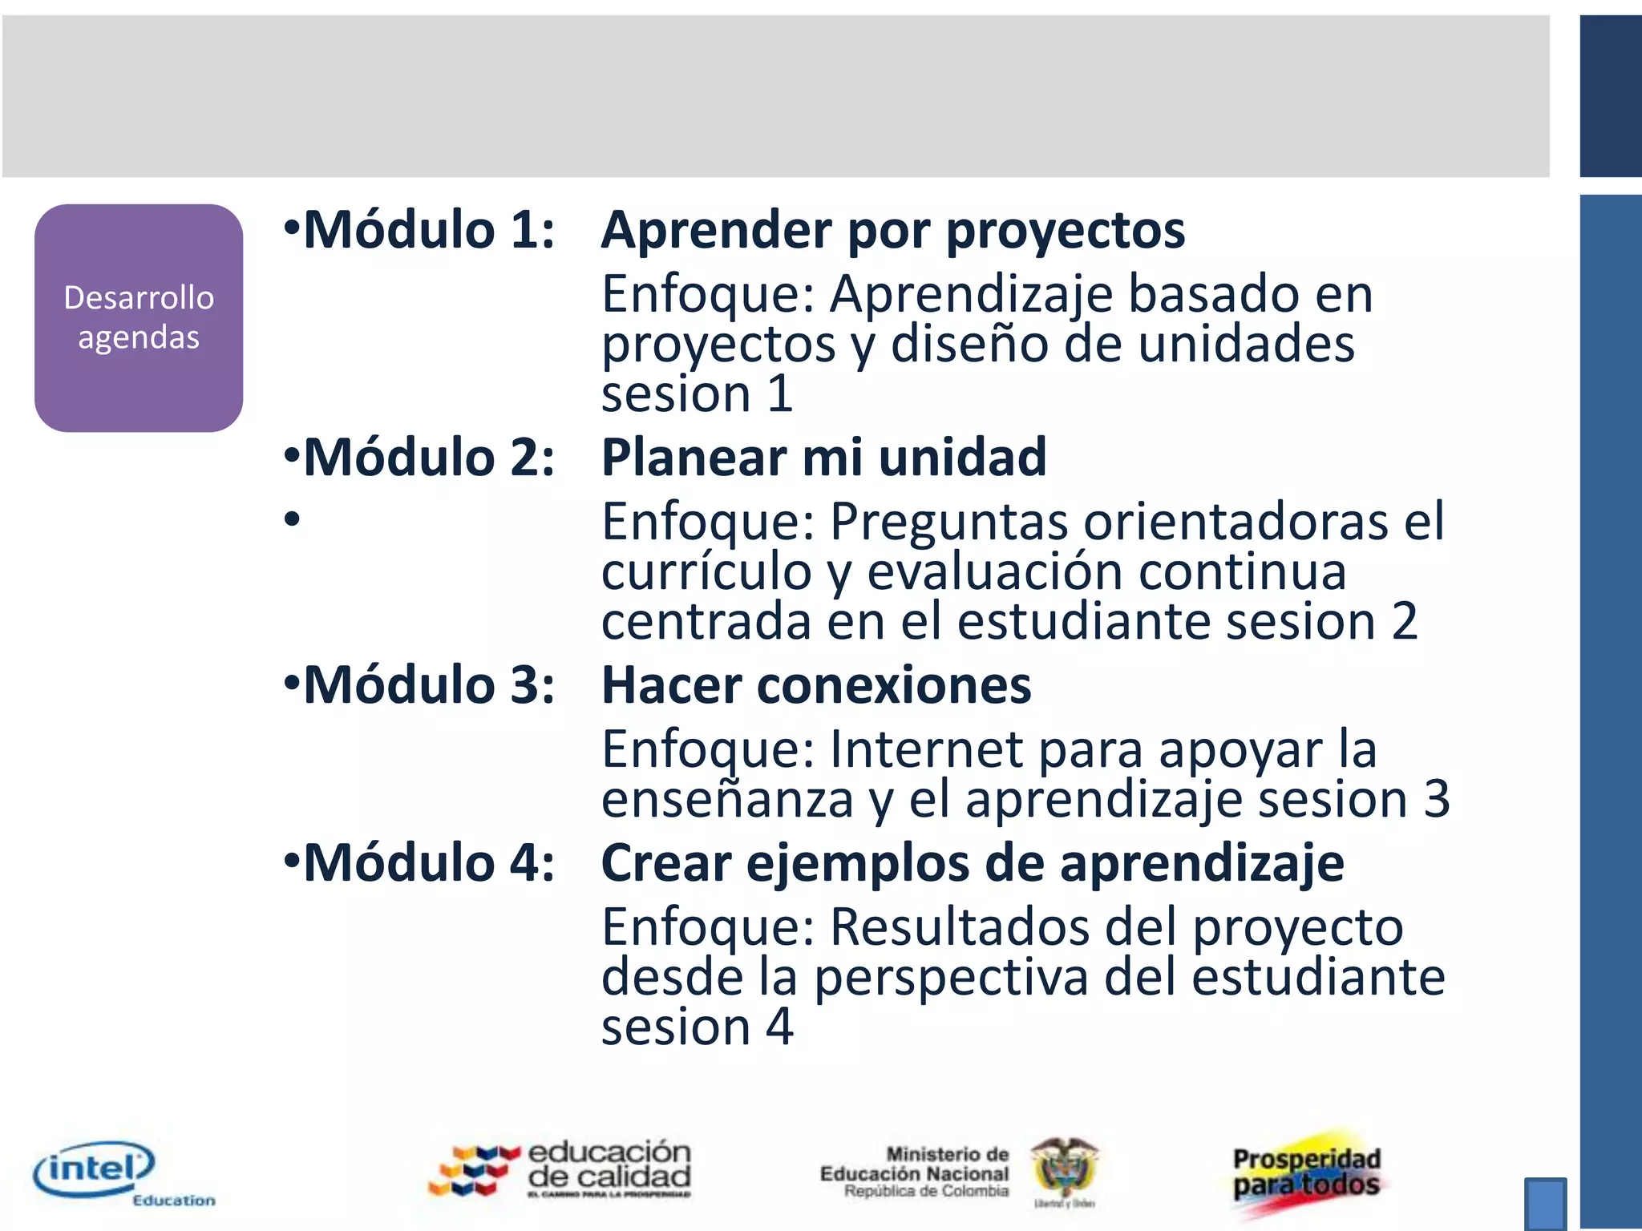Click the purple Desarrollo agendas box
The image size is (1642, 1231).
[x=139, y=318]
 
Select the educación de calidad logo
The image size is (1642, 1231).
[x=561, y=1170]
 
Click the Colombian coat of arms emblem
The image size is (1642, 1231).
[x=1065, y=1170]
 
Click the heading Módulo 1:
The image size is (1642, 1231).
[x=428, y=231]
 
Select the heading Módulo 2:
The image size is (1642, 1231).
[x=428, y=458]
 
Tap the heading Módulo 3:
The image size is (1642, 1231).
[x=428, y=686]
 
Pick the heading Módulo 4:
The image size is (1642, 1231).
[x=428, y=864]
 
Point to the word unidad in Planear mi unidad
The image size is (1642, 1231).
[x=962, y=458]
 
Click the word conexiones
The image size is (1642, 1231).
[x=893, y=686]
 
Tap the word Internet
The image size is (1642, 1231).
[x=926, y=750]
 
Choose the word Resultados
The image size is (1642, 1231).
[x=960, y=927]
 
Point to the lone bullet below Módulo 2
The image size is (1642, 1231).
[x=292, y=519]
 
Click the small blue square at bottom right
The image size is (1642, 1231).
[x=1545, y=1202]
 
